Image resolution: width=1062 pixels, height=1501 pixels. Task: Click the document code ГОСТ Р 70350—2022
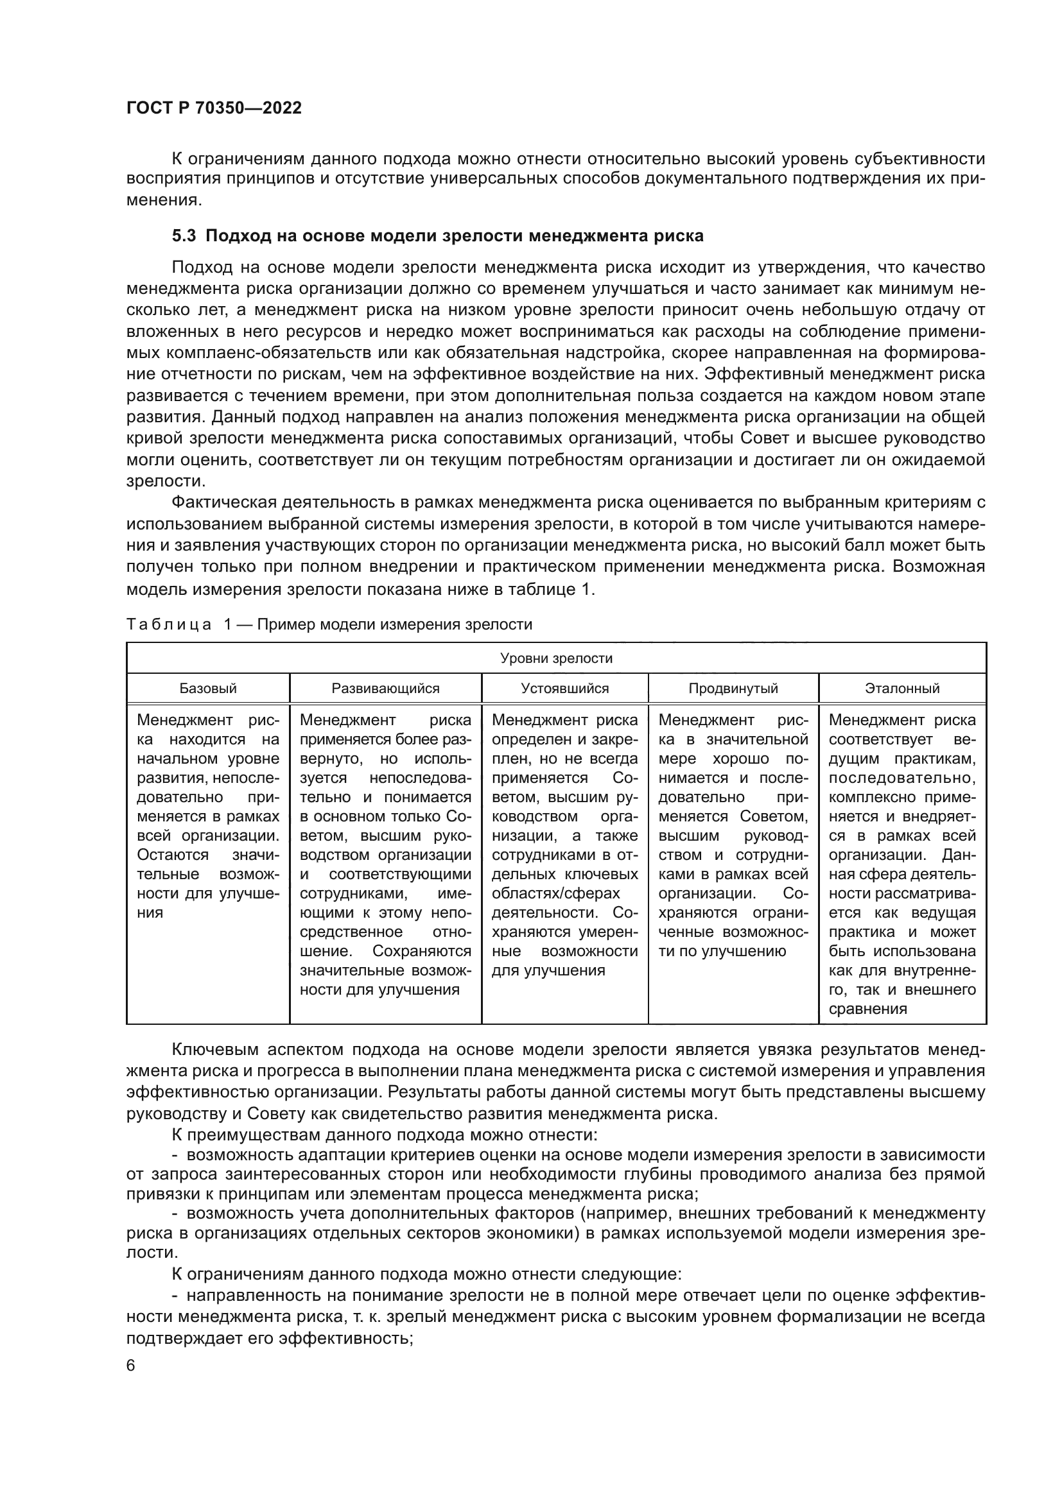pos(214,108)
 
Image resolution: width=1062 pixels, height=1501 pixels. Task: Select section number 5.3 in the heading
pos(184,236)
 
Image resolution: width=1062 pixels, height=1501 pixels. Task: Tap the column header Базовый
pos(208,689)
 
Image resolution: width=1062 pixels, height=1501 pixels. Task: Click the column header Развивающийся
pos(385,689)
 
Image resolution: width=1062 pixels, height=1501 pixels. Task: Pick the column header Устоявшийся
pos(564,689)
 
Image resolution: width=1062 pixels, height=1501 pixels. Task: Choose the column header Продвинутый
pos(733,689)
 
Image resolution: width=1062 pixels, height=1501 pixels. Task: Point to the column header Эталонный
pos(901,689)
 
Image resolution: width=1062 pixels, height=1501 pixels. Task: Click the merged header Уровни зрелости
pos(556,658)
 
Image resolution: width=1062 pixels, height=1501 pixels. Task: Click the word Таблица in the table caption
pos(169,625)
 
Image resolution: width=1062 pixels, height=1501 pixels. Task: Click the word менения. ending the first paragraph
pos(163,201)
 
